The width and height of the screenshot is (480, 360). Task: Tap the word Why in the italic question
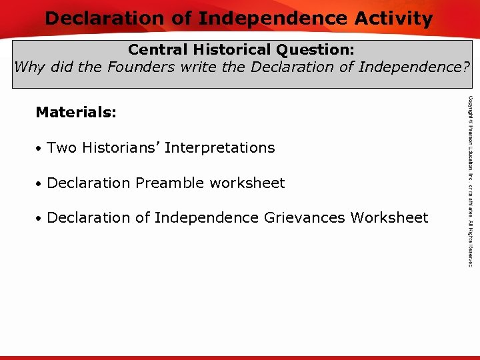pyautogui.click(x=28, y=67)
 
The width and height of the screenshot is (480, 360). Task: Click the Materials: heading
pyautogui.click(x=76, y=112)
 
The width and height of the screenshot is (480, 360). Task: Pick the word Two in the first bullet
pyautogui.click(x=62, y=147)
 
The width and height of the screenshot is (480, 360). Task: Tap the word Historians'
pyautogui.click(x=121, y=147)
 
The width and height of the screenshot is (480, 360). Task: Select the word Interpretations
pyautogui.click(x=219, y=148)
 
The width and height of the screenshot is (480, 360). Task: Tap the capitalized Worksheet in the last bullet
pyautogui.click(x=389, y=217)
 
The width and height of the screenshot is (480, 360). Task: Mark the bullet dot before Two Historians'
pyautogui.click(x=40, y=149)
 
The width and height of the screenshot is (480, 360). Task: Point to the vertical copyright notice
pyautogui.click(x=470, y=181)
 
